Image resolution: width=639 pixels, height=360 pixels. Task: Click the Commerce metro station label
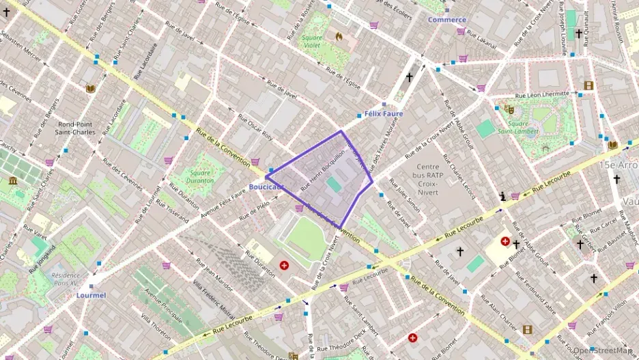coord(446,20)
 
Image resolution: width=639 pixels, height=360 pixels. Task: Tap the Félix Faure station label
coord(384,113)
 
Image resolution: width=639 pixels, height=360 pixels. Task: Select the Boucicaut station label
coord(266,186)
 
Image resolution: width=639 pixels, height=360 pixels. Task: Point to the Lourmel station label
coord(91,295)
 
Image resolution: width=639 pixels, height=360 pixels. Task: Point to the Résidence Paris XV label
coord(66,279)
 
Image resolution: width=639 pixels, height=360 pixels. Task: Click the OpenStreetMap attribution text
coord(603,350)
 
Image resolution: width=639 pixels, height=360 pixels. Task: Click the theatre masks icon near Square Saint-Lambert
coord(508,108)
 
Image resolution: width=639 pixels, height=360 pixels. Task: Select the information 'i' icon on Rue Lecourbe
coord(503,196)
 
